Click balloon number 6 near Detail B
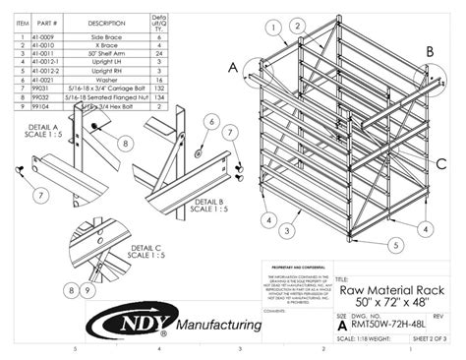point(209,121)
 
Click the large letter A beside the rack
point(232,68)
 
